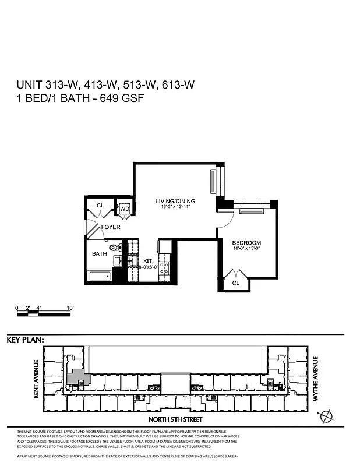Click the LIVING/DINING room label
coord(175,202)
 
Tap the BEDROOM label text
coord(246,243)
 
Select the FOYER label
coord(111,227)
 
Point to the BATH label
coord(100,254)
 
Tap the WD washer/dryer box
coord(124,209)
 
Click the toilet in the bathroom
coord(115,247)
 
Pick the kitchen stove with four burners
coord(165,269)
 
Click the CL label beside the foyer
coord(100,205)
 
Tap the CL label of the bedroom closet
coord(236,283)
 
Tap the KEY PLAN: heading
coord(25,340)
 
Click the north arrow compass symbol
coord(327,415)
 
